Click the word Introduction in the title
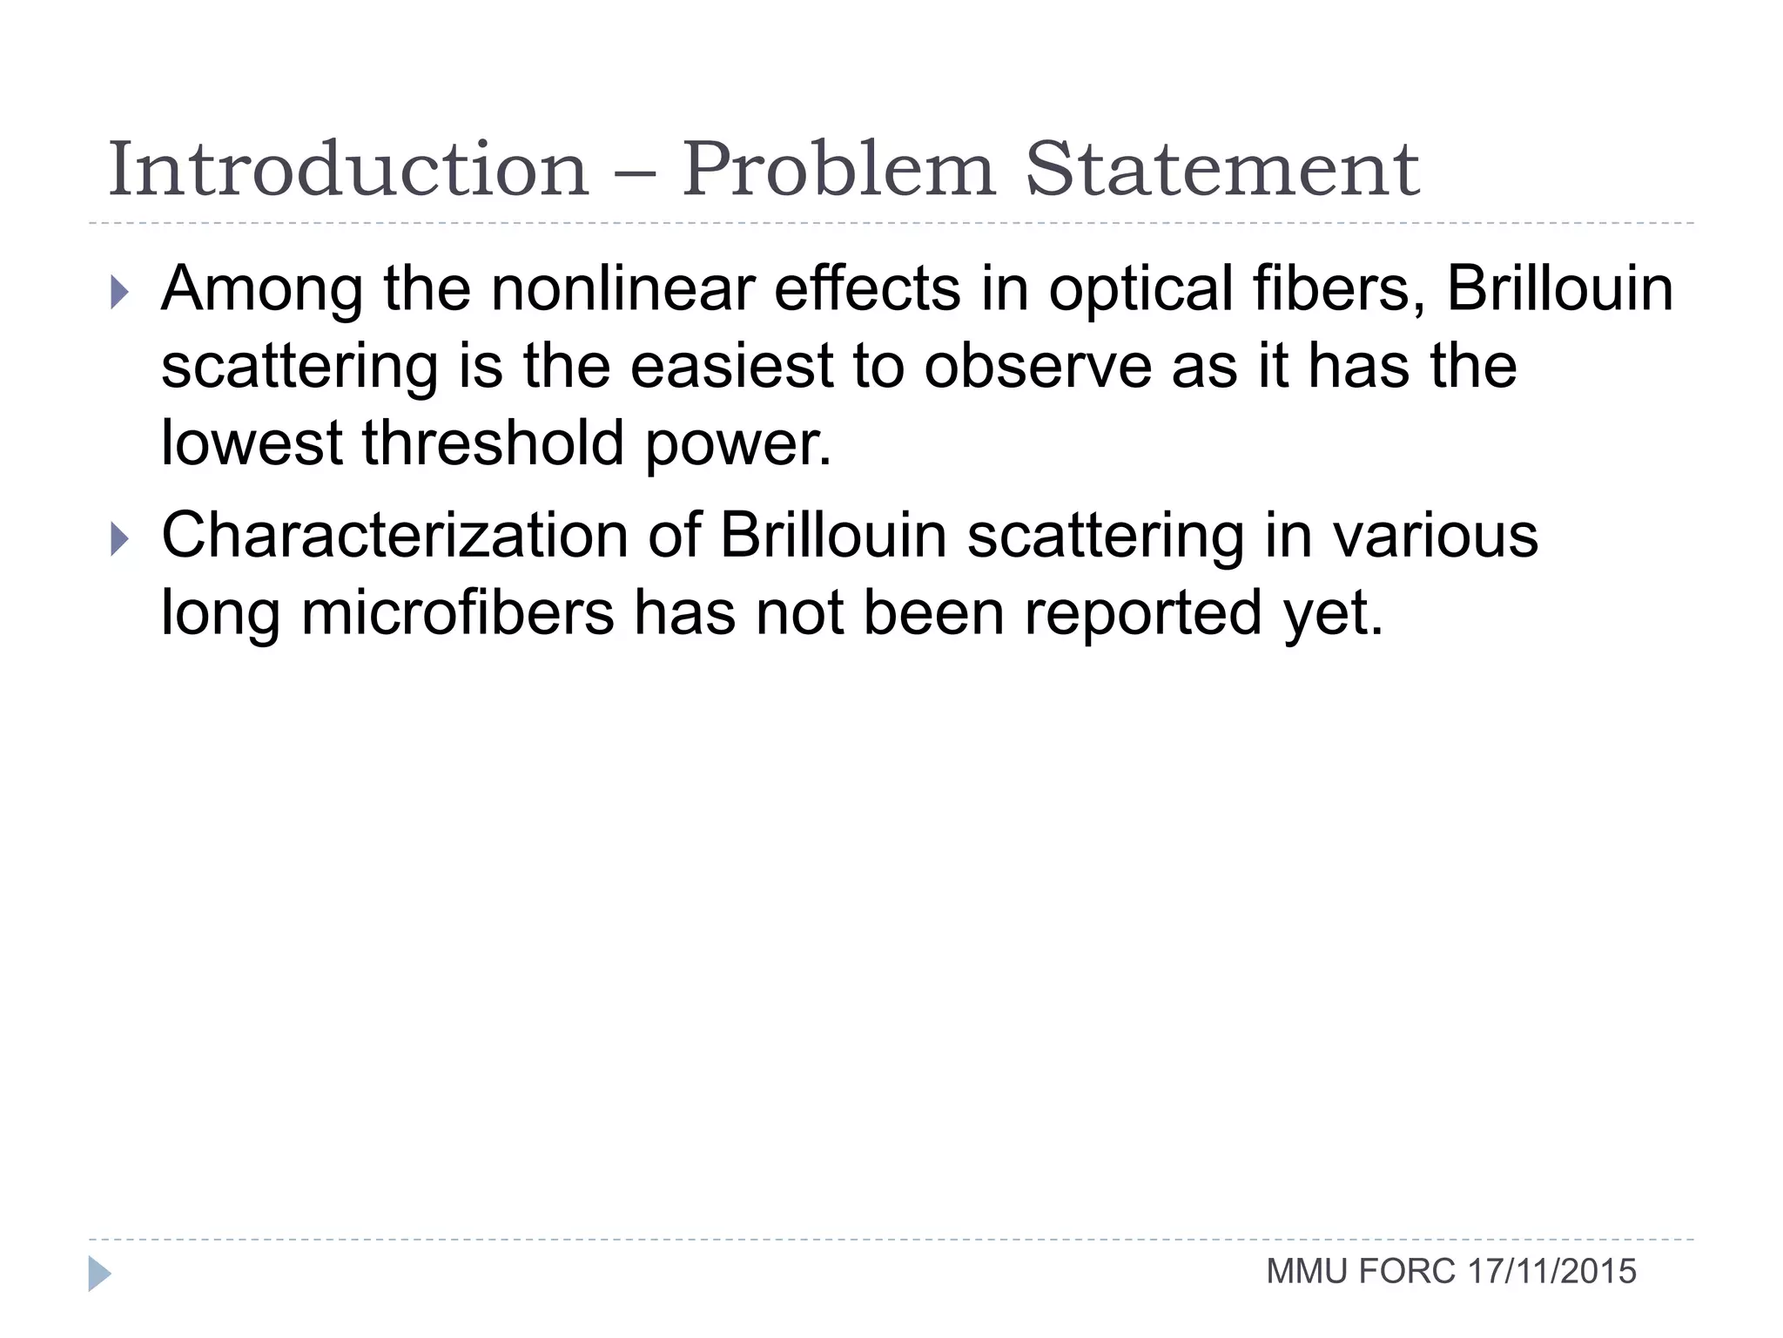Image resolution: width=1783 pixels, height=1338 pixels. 348,169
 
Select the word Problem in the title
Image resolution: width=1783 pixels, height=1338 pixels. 838,169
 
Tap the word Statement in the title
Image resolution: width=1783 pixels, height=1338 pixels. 1222,169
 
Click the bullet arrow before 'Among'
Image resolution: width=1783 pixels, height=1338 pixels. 120,293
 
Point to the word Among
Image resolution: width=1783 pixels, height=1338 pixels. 262,289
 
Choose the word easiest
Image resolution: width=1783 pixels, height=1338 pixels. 731,366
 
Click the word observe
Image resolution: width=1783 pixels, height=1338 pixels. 1038,366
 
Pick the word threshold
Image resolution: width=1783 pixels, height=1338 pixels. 494,443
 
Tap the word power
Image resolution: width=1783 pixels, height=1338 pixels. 738,444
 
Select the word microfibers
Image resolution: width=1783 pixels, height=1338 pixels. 458,612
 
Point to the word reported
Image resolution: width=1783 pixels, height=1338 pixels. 1143,614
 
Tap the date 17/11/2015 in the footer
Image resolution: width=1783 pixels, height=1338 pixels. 1551,1272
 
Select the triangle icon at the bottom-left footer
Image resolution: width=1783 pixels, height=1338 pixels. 100,1274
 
